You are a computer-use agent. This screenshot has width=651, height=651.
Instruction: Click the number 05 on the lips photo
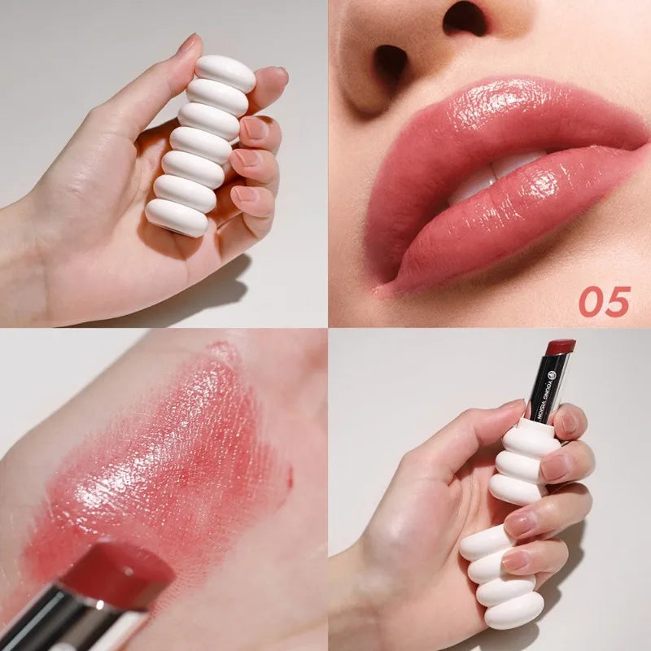tap(605, 302)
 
